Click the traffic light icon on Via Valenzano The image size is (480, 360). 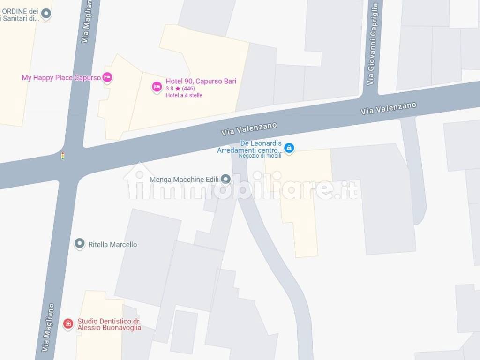coord(63,156)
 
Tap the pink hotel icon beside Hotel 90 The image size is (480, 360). coord(157,87)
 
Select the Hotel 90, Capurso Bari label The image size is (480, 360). coord(201,81)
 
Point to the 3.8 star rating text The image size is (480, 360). coord(180,89)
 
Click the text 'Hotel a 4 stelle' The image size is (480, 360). coord(184,95)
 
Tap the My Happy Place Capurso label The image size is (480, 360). coord(61,77)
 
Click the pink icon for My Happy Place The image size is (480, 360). coord(107,77)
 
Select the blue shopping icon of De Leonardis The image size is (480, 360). coord(290,148)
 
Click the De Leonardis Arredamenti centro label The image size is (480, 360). coord(249,147)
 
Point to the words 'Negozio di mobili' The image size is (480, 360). coord(260,156)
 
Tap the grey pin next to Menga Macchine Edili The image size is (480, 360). coord(225,179)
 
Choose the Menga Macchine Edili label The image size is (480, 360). coord(184,180)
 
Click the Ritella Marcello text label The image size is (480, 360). coord(112,244)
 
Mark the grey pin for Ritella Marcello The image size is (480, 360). coord(80,243)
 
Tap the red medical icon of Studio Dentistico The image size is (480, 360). coord(68,323)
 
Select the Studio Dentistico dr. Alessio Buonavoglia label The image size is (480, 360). coord(109,324)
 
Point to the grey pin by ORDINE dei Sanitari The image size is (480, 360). coord(46,14)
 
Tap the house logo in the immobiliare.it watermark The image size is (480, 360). coord(139,180)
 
